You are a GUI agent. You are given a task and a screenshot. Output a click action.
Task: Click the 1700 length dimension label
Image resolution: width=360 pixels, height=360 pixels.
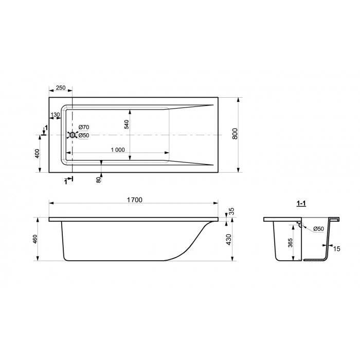pyautogui.click(x=135, y=200)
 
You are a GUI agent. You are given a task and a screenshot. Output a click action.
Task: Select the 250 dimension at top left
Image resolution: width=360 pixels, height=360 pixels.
pyautogui.click(x=61, y=88)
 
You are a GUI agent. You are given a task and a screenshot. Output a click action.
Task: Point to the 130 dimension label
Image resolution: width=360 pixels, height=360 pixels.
pyautogui.click(x=55, y=115)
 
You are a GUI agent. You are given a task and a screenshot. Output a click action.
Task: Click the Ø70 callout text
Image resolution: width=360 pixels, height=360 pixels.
pyautogui.click(x=83, y=127)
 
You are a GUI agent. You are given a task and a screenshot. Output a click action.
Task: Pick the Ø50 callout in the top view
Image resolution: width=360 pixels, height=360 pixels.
pyautogui.click(x=83, y=135)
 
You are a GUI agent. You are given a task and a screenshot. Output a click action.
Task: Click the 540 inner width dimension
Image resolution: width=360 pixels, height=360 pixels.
pyautogui.click(x=127, y=124)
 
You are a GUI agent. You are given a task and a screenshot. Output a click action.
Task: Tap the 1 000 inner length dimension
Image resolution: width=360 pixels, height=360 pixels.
pyautogui.click(x=118, y=150)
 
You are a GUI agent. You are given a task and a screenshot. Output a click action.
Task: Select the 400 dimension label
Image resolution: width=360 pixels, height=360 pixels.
pyautogui.click(x=37, y=154)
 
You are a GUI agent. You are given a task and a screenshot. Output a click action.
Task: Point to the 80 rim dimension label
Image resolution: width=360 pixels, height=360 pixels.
pyautogui.click(x=99, y=180)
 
